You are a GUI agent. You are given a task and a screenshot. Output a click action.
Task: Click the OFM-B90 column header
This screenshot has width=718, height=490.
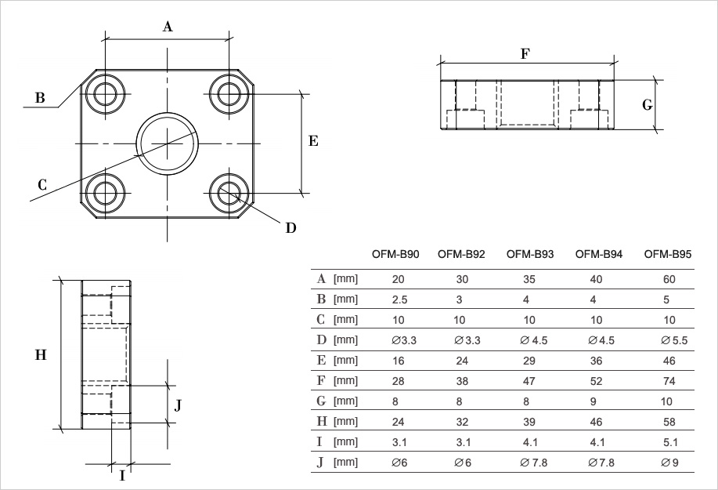395,254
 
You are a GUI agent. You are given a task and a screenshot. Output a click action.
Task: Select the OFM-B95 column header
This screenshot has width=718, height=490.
668,254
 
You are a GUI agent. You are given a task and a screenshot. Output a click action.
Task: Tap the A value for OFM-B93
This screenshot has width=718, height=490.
529,280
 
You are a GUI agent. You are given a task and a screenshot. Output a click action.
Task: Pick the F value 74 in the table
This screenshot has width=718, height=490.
669,381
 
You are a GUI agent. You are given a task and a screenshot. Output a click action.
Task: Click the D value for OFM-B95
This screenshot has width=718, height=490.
674,340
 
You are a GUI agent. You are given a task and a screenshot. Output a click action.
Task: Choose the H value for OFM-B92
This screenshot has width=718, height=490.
462,422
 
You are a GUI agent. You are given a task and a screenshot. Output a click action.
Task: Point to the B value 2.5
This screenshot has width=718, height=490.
399,299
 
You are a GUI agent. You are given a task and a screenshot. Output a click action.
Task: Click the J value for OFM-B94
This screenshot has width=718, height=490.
601,463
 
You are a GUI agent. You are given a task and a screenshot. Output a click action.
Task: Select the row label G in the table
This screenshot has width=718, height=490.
322,401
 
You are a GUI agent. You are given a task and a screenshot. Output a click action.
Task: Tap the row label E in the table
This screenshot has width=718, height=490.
322,361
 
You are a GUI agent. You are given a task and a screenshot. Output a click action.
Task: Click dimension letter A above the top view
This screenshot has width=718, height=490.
168,27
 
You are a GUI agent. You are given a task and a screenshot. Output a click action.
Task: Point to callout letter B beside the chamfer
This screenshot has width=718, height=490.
40,98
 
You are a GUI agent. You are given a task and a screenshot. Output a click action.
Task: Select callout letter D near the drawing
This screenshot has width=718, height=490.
290,228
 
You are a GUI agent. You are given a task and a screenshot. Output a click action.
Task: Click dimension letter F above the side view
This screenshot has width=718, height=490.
525,54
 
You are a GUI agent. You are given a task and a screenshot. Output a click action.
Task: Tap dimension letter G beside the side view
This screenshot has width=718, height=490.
647,105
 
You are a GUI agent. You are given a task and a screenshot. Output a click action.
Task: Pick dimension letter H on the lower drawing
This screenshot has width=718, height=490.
41,354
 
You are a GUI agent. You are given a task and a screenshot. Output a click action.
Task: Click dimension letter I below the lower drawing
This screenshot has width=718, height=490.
122,476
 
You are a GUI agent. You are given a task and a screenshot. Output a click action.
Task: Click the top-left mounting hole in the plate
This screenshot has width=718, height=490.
106,94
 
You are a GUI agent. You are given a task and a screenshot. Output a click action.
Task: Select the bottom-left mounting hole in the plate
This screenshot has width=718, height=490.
106,194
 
